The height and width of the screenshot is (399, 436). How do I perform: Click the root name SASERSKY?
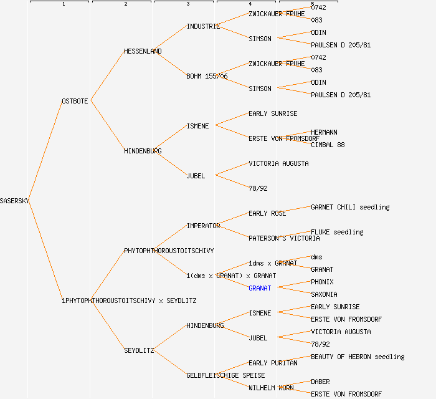point(14,201)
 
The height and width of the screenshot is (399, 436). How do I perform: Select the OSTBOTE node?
point(75,101)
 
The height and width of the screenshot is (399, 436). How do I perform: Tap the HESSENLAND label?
point(143,51)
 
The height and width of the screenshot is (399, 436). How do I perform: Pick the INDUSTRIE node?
point(203,26)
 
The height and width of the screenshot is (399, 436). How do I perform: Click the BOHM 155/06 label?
point(207,76)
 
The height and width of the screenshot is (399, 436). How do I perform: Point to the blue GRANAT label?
point(260,288)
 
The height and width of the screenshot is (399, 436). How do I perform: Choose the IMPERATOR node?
point(203,226)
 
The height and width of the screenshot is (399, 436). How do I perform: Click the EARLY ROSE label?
point(267,213)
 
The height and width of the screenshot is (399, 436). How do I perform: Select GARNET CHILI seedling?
point(350,207)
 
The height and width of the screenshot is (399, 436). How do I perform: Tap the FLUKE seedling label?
point(337,232)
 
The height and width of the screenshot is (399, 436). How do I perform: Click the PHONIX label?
point(322,282)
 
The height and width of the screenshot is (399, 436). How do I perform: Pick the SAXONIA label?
point(324,294)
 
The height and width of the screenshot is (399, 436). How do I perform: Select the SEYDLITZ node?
point(139,350)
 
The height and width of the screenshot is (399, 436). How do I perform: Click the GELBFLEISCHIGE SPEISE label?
point(225,375)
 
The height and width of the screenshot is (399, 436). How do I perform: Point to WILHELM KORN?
point(271,388)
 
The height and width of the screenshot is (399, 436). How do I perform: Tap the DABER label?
point(320,382)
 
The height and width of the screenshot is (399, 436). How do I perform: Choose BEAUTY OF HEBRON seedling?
point(358,357)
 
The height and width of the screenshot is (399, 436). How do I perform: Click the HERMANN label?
point(324,132)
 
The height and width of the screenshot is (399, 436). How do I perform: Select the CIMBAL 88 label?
point(328,145)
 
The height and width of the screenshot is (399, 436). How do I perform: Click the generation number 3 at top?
point(187,4)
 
